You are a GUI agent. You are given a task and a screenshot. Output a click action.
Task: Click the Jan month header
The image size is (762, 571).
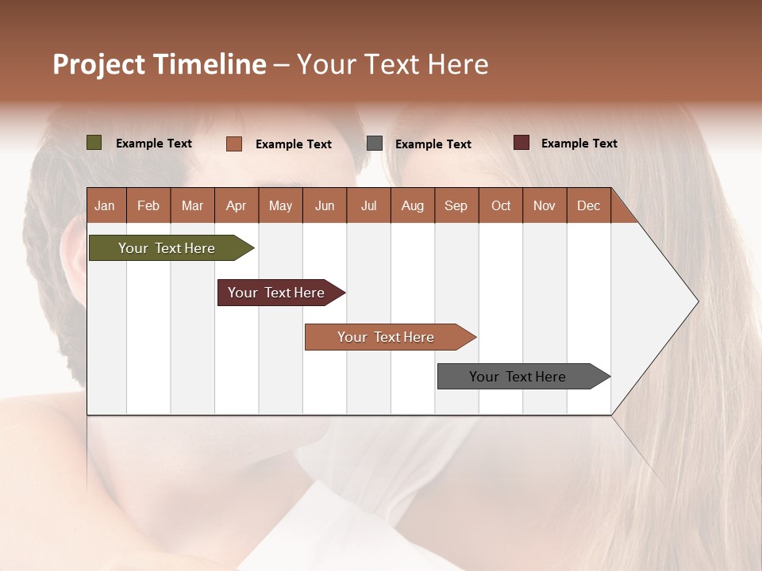tap(105, 206)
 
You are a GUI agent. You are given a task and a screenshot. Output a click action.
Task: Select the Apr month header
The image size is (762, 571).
tap(236, 206)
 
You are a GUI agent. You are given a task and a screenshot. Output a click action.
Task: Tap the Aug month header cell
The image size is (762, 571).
tap(412, 206)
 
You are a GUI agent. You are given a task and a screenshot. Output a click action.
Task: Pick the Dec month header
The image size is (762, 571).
tap(588, 206)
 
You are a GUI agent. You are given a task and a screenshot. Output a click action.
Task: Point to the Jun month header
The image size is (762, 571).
tap(324, 206)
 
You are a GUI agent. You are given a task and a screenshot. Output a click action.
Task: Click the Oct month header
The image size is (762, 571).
tap(500, 206)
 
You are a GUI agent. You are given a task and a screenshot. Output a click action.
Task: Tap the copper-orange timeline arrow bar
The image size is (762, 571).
tap(387, 337)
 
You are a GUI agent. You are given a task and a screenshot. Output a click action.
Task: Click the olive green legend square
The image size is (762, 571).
tap(94, 143)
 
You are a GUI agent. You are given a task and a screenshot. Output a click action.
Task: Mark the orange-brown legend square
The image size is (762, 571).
tap(234, 144)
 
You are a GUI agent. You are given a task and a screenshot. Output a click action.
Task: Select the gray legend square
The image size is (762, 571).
tap(375, 144)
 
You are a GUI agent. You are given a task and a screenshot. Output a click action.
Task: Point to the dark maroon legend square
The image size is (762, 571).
tap(521, 143)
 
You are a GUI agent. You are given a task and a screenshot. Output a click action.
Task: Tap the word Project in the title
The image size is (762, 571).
tap(99, 64)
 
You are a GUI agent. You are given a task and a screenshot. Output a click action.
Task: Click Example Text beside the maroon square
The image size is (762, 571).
tap(579, 144)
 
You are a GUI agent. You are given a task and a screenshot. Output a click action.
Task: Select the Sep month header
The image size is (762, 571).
tap(456, 206)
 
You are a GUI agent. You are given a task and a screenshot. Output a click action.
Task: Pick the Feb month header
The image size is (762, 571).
tap(148, 206)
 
